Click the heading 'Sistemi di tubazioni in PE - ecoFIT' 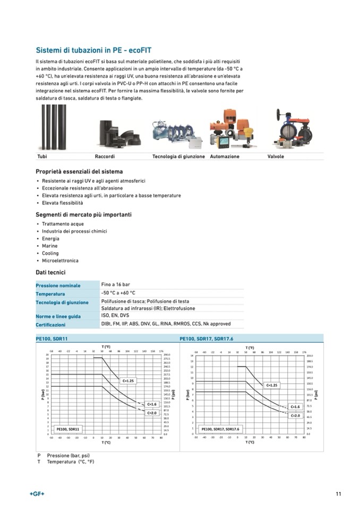pos(93,50)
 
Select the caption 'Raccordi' pos(105,157)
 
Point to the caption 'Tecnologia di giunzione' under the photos pos(178,157)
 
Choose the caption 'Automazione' pos(225,157)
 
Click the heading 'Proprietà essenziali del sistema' pos(79,171)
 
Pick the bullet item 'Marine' pos(50,246)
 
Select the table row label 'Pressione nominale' pos(58,286)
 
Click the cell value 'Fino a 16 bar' pos(115,285)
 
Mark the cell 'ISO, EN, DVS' pos(115,316)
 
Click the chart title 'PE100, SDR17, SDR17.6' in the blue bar pos(207,338)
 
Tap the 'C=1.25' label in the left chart pos(128,381)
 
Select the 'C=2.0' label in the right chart pos(295,416)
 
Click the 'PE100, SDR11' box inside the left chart pos(68,428)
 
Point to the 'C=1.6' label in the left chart pos(151,404)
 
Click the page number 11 pos(338,494)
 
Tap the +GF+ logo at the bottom pos(37,494)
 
